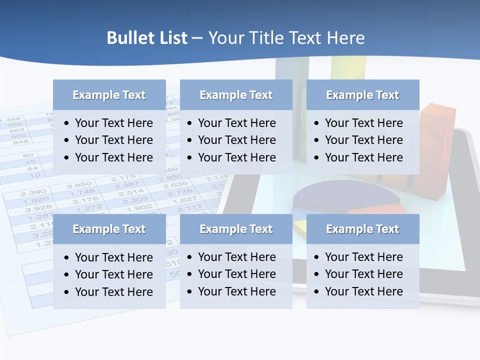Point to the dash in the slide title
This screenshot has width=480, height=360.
click(x=197, y=38)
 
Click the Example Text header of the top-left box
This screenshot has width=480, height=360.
click(x=109, y=95)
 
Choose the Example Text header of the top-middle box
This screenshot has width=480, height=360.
click(x=236, y=95)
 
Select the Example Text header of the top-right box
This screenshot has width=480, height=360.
click(x=362, y=95)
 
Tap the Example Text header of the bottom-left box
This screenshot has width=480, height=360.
click(x=109, y=229)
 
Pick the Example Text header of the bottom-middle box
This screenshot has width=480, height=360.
click(x=236, y=229)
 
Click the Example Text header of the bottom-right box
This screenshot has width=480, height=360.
click(x=362, y=229)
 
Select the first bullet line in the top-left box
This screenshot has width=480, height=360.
click(x=113, y=123)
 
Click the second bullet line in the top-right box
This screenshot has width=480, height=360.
click(x=363, y=140)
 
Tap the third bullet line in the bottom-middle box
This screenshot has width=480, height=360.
click(x=236, y=291)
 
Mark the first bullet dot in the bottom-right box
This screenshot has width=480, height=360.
click(x=317, y=257)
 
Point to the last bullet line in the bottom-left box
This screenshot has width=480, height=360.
click(x=113, y=292)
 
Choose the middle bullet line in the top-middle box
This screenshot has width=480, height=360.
click(x=236, y=140)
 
